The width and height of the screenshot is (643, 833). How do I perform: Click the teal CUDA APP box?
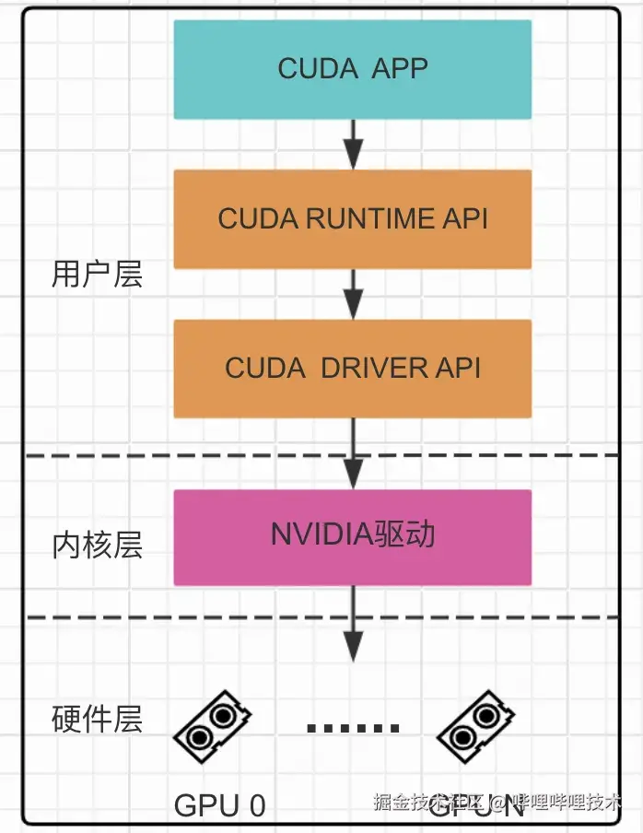tap(353, 69)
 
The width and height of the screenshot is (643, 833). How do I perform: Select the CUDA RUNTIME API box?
tap(353, 218)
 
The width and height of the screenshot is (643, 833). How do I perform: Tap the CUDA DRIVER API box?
tap(353, 368)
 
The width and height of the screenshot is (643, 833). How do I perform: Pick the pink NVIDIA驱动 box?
tap(353, 537)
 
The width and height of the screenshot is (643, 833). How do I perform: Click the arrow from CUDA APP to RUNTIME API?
tap(353, 143)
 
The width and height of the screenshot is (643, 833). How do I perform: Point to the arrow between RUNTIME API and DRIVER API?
tap(353, 294)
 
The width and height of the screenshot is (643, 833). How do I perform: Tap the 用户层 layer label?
tap(98, 274)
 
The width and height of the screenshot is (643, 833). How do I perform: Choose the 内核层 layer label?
tap(98, 546)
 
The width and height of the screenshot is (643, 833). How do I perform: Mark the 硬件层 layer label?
tap(98, 719)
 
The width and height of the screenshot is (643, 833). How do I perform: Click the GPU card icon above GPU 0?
tap(213, 726)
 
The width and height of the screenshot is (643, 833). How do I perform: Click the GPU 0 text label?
tap(220, 805)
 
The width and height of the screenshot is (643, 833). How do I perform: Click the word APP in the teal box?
tap(400, 69)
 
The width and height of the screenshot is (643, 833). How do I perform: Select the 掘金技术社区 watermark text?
tap(429, 802)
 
